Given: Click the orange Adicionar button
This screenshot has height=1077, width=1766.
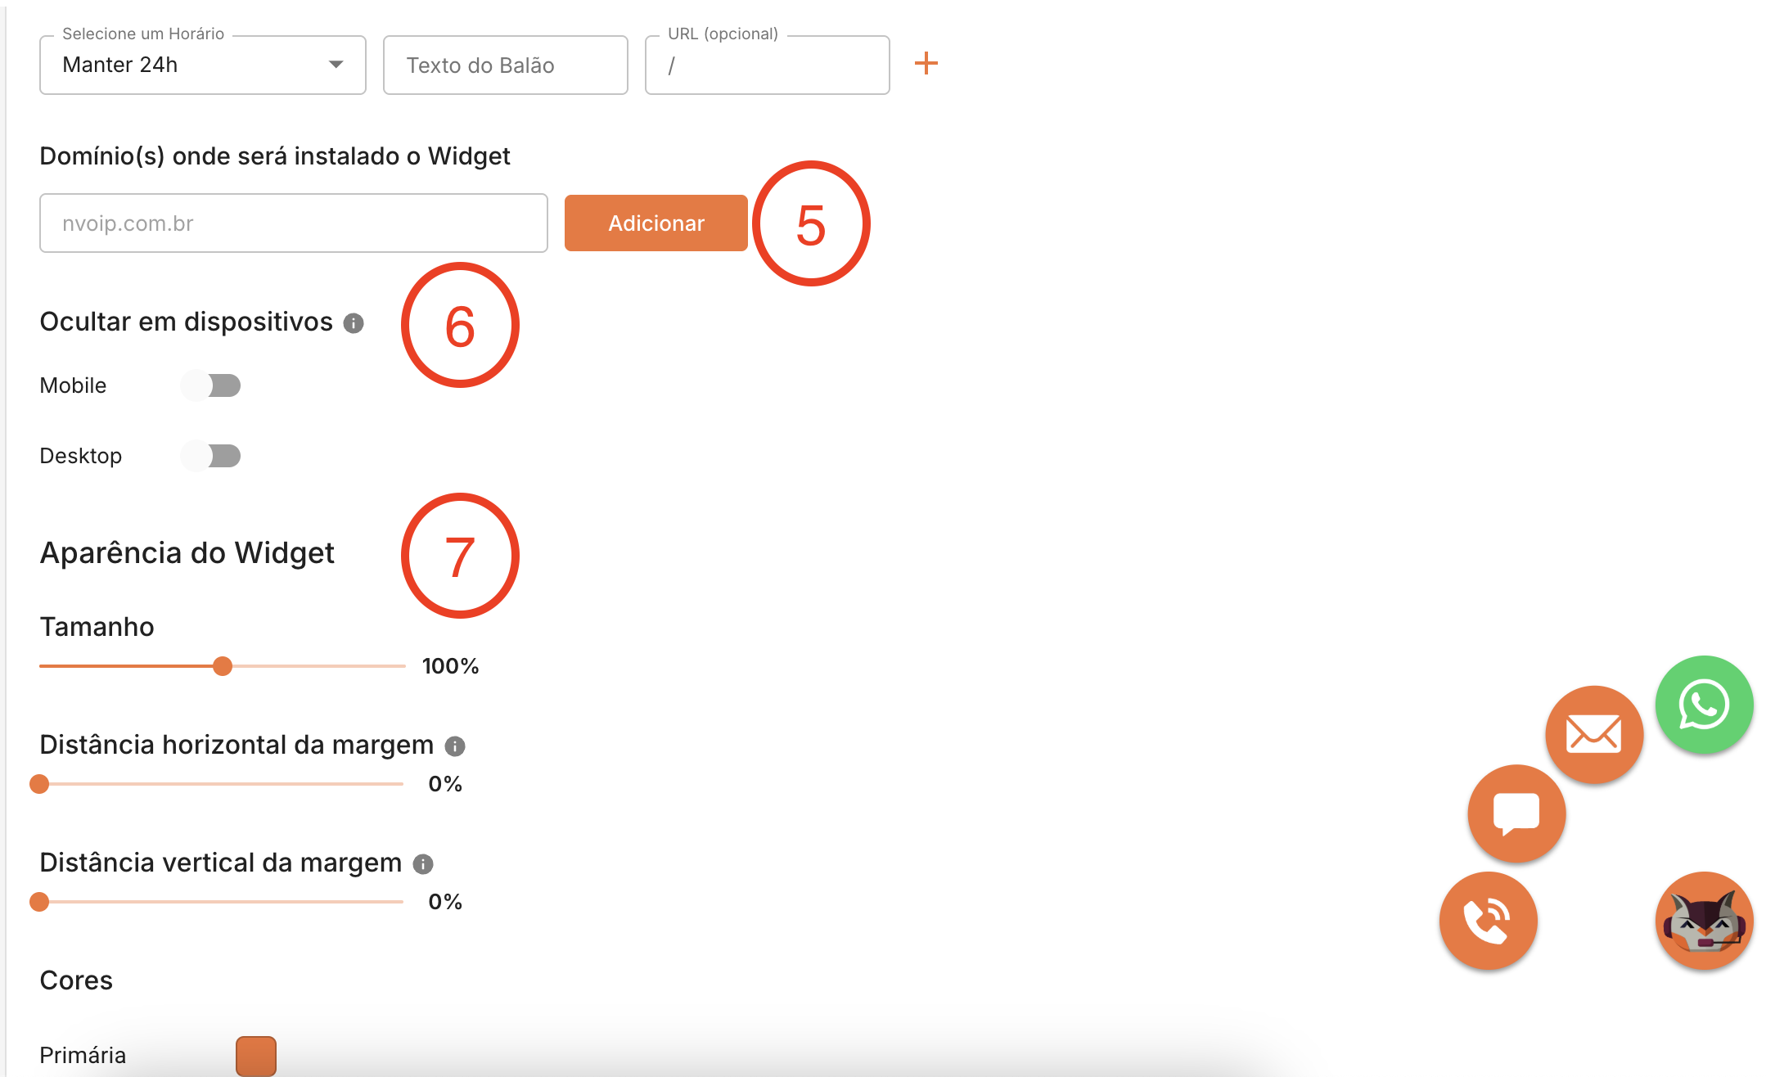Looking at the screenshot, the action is point(655,223).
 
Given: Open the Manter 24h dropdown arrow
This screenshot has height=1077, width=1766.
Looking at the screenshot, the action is point(336,65).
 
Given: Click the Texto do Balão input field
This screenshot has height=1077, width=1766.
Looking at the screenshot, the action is point(505,65).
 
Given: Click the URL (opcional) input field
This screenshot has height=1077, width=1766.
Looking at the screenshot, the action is point(767,65).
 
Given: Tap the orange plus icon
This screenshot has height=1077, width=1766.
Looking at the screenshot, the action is point(926,63).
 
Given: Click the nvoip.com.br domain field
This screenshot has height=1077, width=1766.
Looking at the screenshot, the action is point(293,223).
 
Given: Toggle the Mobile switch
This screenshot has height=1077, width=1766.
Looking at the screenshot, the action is point(211,385).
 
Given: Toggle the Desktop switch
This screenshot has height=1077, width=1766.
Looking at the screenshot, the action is point(211,456).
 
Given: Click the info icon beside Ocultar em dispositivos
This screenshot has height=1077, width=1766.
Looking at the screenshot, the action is point(354,323).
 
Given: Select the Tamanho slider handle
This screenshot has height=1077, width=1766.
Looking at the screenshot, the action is point(223,666).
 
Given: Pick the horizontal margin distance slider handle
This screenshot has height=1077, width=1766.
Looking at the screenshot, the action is point(39,784).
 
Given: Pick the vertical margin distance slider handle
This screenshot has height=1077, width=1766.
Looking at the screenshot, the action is point(39,902).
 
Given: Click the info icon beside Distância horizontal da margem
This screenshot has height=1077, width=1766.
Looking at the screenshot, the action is point(455,746).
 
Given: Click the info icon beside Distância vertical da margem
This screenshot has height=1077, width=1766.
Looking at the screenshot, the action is point(423,864).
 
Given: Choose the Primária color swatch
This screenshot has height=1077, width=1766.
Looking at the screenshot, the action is point(256,1056).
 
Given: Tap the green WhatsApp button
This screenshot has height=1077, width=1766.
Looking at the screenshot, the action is point(1704,705).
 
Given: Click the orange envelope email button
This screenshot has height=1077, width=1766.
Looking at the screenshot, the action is point(1594,734).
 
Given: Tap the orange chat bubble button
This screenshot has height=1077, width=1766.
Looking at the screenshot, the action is point(1516,813).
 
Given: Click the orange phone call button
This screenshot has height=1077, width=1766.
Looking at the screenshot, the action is point(1488,921).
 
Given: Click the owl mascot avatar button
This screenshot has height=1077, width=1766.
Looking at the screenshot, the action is point(1704,921).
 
